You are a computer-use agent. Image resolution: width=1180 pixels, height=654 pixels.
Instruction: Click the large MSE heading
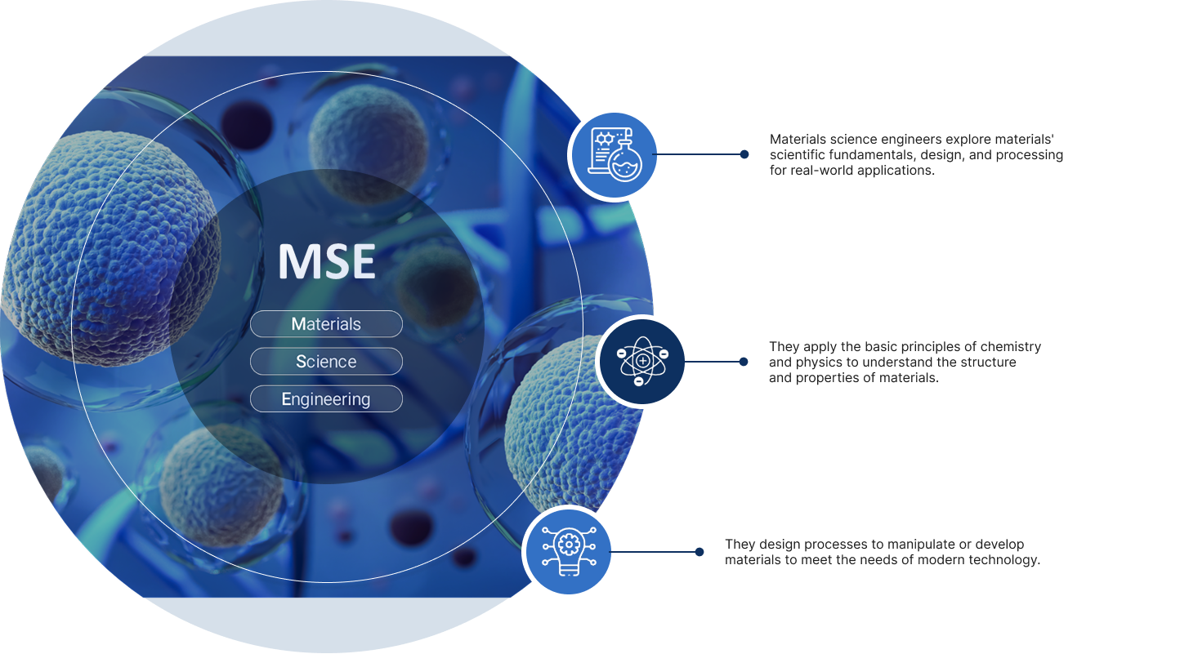coord(327,261)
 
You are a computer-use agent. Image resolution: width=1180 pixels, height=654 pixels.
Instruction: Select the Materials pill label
coord(326,323)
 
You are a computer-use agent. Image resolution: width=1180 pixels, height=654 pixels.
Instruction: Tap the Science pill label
coord(326,362)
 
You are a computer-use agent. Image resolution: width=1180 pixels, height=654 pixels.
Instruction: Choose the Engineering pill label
coord(326,398)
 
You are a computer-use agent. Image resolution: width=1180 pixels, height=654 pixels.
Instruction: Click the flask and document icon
coord(615,154)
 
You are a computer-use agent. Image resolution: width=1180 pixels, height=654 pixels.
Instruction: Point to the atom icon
coord(642,362)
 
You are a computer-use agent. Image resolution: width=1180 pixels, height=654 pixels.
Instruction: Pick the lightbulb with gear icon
coord(569,551)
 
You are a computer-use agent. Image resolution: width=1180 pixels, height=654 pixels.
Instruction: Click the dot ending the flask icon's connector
coord(744,154)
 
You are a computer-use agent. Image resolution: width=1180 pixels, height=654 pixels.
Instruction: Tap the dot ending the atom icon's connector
coord(744,362)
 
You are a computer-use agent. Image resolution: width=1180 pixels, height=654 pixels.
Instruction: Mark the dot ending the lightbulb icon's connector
coord(699,552)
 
